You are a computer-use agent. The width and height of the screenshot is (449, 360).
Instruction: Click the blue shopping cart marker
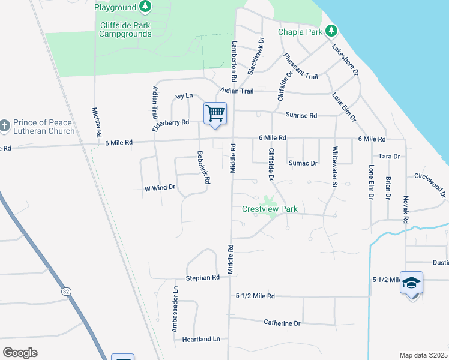point(215,113)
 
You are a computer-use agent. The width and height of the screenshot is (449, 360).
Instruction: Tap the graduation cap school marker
point(411,283)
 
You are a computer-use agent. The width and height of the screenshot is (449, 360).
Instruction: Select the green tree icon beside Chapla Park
point(331,31)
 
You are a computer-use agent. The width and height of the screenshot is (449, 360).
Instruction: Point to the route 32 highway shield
point(65,290)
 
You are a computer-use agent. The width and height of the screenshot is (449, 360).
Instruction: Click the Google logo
point(20,353)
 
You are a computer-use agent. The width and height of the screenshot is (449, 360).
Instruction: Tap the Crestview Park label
point(270,209)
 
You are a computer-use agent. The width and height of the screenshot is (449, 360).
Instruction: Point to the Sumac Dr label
point(303,163)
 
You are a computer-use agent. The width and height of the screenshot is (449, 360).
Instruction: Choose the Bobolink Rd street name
point(203,167)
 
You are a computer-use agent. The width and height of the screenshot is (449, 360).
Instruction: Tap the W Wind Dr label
point(160,188)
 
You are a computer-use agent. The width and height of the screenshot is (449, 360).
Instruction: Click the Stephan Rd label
point(203,278)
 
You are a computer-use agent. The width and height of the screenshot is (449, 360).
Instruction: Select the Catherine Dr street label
point(282,323)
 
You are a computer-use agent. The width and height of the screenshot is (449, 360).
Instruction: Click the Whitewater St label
point(334,167)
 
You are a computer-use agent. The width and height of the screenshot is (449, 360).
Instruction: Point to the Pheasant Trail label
point(300,65)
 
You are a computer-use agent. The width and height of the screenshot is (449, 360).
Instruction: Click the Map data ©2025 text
point(423,355)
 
